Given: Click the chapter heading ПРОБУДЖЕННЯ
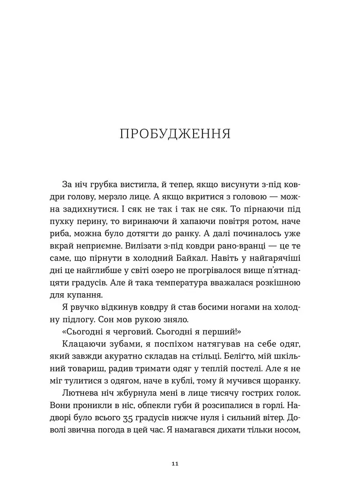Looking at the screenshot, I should point(175,134).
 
